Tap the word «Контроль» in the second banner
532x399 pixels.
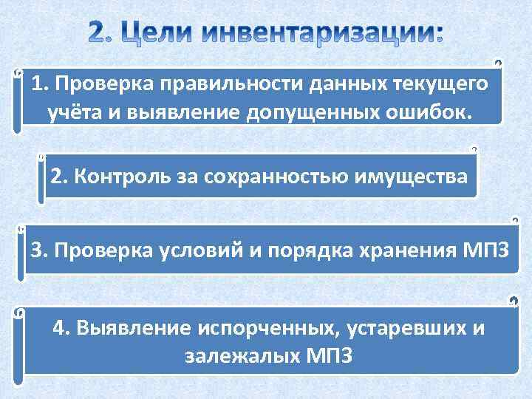[x=115, y=177]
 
